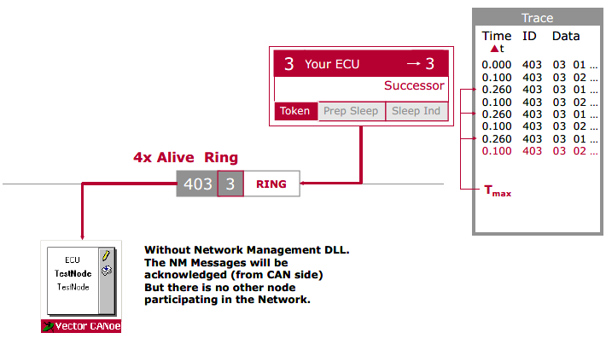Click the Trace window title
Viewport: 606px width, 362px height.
pos(537,18)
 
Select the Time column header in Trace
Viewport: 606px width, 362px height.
pos(496,36)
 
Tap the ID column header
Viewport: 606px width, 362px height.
pos(529,36)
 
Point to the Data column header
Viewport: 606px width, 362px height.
pos(565,36)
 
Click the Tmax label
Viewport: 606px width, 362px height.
pos(498,191)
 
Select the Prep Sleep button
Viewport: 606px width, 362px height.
pos(352,111)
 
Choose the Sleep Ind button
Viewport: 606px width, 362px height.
pos(416,111)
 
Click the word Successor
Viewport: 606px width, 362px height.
pos(414,85)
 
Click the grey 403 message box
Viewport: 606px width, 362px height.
pos(197,184)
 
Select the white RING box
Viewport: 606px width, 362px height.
pos(271,184)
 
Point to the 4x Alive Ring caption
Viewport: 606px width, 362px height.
pos(185,158)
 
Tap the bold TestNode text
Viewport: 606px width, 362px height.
pos(73,273)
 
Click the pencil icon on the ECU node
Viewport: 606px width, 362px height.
pos(106,254)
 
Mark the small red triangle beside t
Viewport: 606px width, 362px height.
pos(492,50)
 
